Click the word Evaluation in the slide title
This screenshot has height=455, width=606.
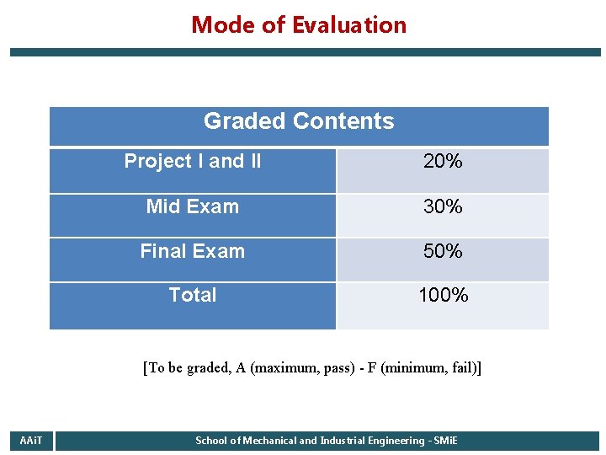click(x=349, y=25)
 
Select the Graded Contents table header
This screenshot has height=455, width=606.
click(x=299, y=121)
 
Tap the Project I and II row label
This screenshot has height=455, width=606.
click(x=193, y=161)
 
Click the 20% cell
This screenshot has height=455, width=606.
click(x=443, y=162)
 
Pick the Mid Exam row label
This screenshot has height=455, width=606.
click(x=193, y=206)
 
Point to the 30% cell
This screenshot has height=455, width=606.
click(x=443, y=207)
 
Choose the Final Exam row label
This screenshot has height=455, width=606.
click(x=193, y=251)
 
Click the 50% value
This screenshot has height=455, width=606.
click(x=443, y=252)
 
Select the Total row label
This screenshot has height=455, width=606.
click(x=193, y=295)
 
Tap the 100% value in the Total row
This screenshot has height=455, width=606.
click(x=444, y=296)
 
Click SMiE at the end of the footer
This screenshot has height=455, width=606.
click(x=445, y=441)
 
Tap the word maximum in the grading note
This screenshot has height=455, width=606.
click(x=282, y=368)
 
